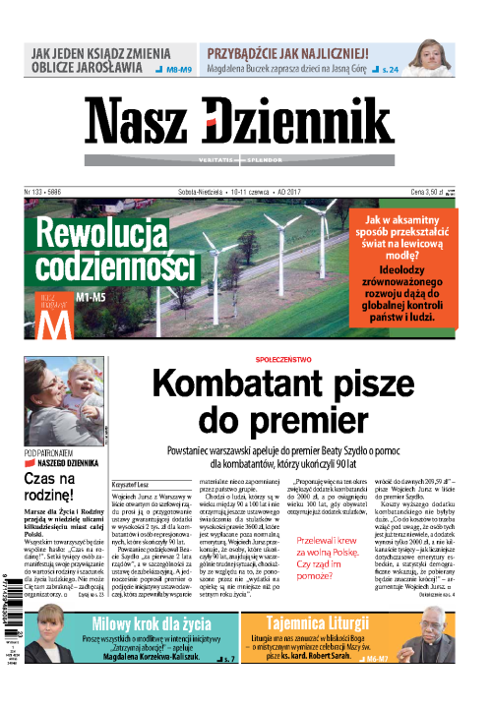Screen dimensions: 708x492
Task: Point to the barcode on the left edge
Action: tap(9, 569)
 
